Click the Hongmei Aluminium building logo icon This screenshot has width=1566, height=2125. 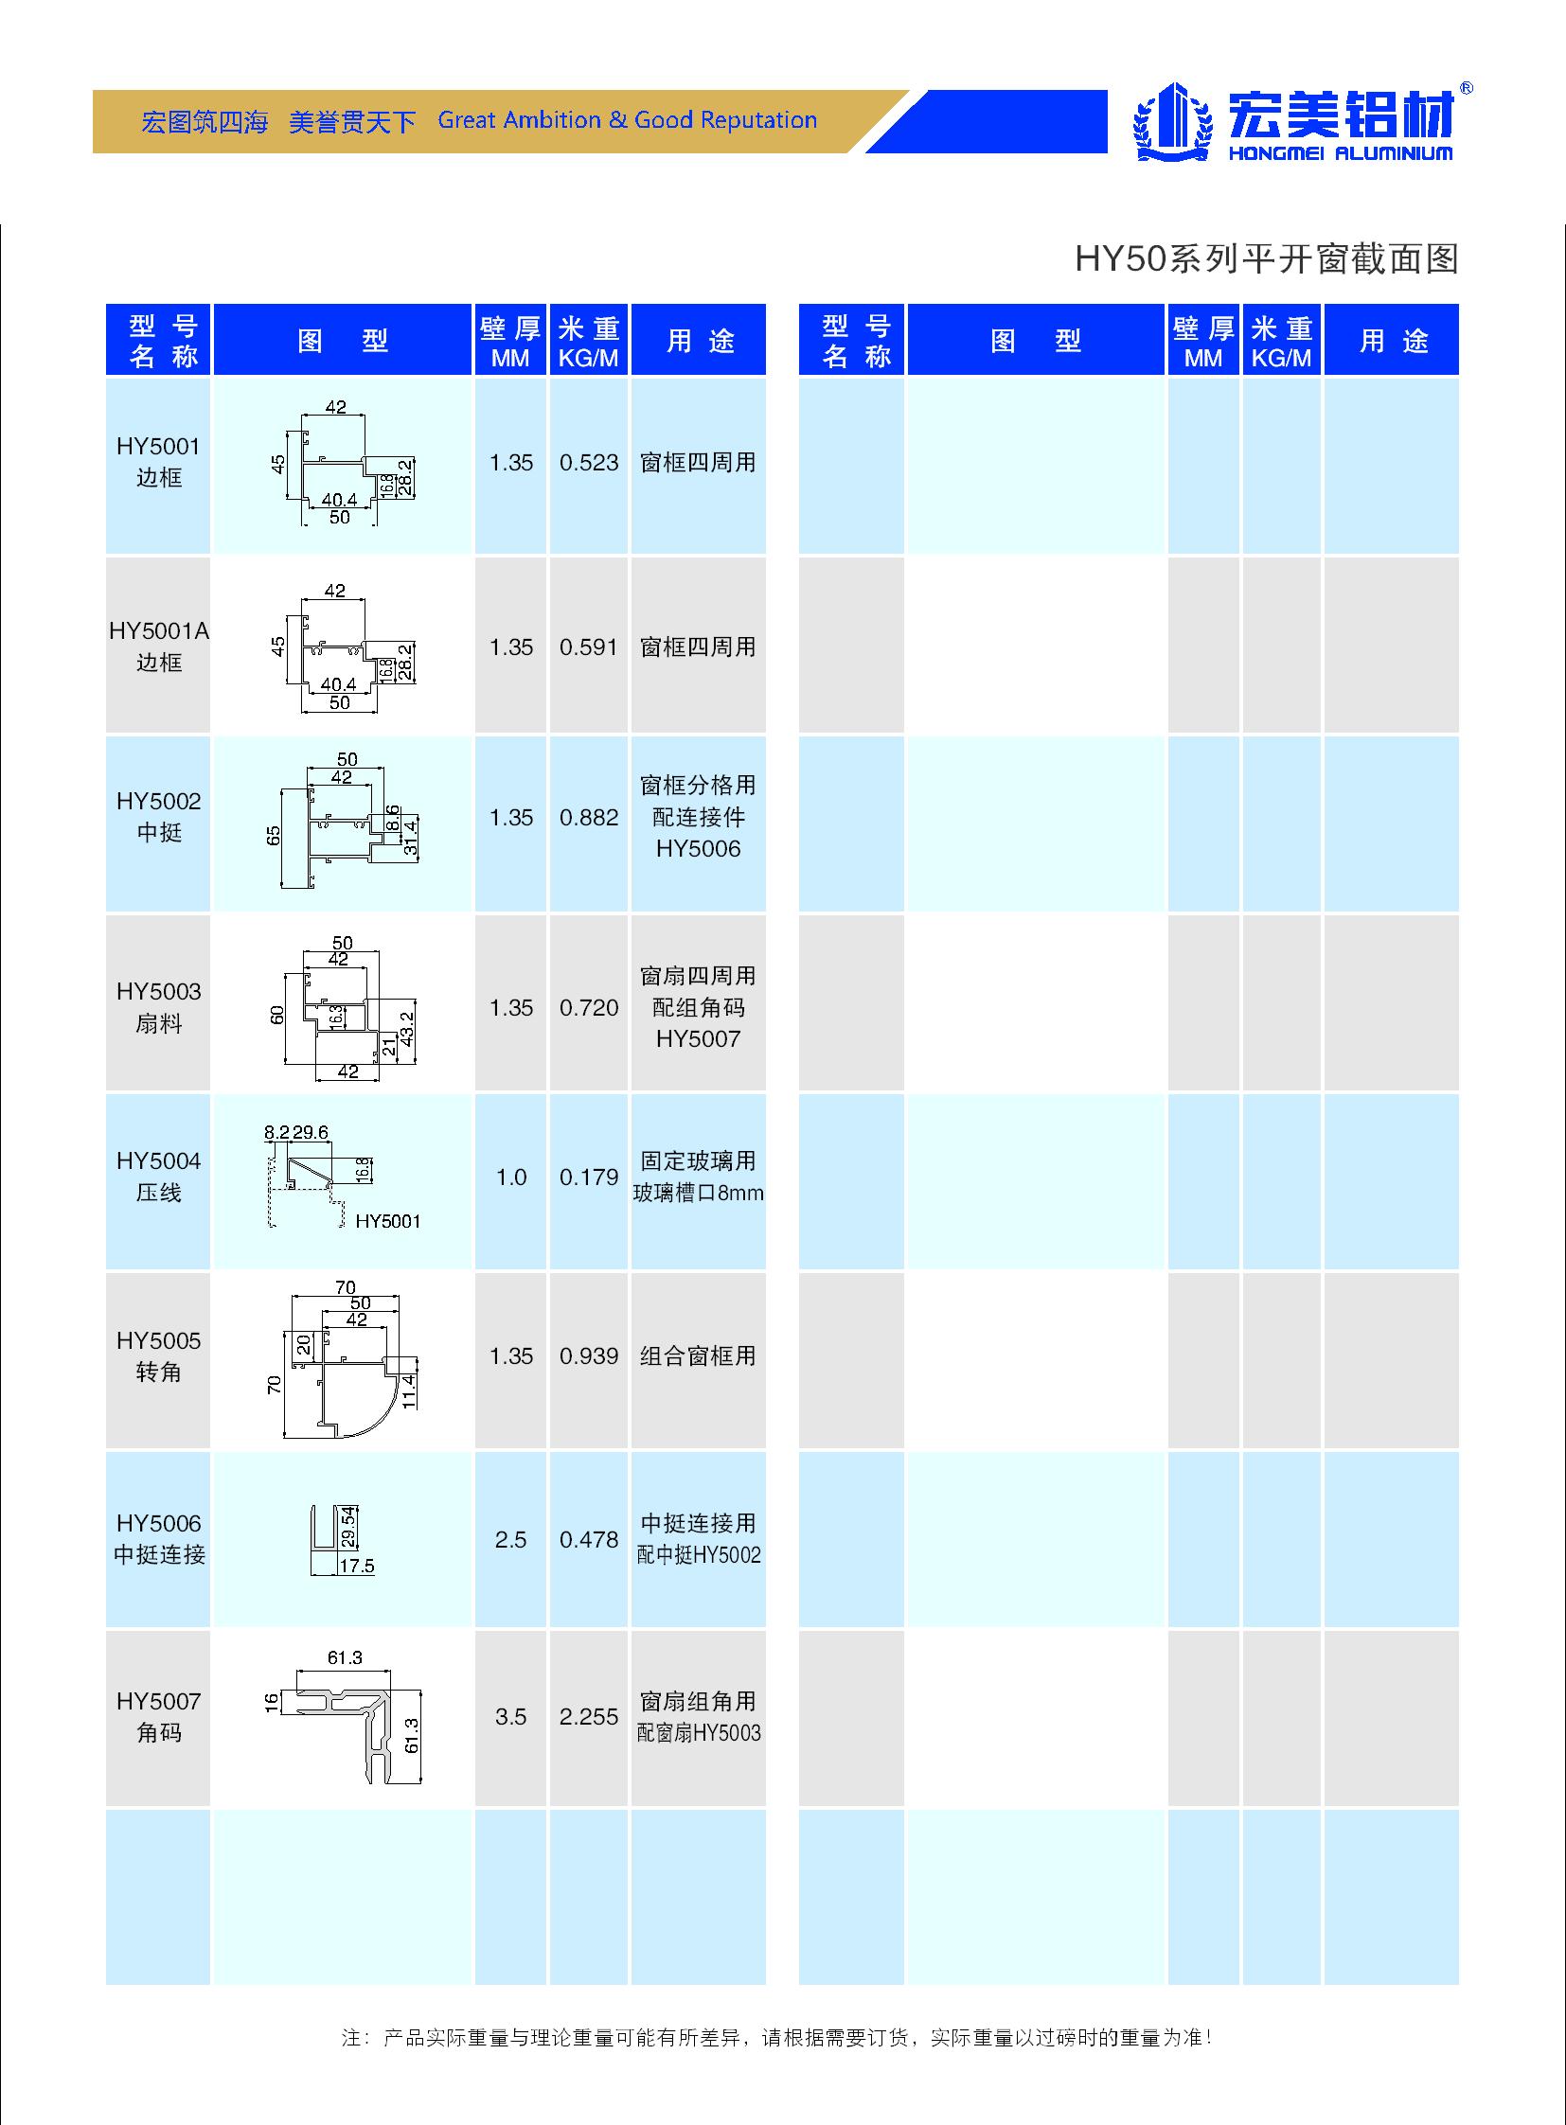tap(1173, 122)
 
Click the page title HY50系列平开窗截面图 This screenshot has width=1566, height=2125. tap(1267, 258)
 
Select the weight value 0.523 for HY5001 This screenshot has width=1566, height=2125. tap(589, 463)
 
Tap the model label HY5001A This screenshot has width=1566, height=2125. tap(159, 630)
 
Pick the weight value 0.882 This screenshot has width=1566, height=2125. tap(589, 817)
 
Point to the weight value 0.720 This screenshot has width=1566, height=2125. tap(589, 1007)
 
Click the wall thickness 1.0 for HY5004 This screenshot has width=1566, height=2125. tap(511, 1178)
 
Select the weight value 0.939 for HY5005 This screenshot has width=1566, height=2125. tap(589, 1356)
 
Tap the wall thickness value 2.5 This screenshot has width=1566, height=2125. tap(511, 1540)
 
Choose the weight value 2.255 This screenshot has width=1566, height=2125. tap(589, 1716)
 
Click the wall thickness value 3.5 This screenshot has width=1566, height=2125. tap(511, 1716)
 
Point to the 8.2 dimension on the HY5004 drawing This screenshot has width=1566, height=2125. tap(276, 1132)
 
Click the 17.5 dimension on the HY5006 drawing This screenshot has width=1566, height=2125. tap(356, 1566)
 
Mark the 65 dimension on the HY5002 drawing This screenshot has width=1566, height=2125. tap(274, 836)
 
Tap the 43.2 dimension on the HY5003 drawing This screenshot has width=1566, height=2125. tap(407, 1027)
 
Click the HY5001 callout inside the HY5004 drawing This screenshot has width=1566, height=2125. tap(387, 1221)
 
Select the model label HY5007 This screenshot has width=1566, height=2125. tap(159, 1701)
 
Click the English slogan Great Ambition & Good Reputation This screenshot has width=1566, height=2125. tap(628, 120)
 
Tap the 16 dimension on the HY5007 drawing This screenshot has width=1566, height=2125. tap(272, 1703)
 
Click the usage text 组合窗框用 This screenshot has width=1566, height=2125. tap(698, 1356)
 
